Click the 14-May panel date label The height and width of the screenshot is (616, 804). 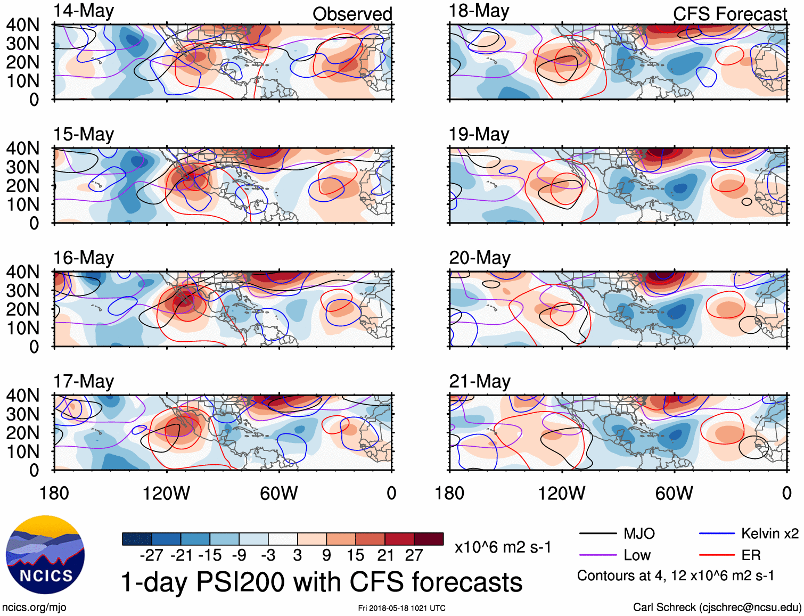pos(84,11)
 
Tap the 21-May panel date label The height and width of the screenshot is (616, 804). pos(479,381)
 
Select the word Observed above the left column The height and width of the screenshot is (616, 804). pos(352,14)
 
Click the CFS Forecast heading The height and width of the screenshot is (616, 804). pos(729,14)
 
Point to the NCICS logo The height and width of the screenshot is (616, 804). pos(45,554)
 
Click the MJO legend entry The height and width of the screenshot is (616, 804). pos(639,533)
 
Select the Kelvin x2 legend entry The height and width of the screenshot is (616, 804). pos(769,533)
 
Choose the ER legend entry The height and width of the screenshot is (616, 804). pos(751,555)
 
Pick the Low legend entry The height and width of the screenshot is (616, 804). pos(637,555)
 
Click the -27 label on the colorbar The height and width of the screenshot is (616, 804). pos(151,555)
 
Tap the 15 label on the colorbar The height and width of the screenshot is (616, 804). pos(355,555)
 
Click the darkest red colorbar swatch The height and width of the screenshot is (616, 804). pos(429,539)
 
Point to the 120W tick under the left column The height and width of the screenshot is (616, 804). pos(166,494)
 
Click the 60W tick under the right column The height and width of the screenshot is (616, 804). pos(674,494)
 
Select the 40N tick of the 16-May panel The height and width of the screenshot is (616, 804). pos(23,272)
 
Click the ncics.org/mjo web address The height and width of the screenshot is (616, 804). pos(34,607)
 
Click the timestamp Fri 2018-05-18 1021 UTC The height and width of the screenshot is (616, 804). pos(401,608)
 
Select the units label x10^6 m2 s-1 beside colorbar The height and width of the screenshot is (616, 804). pos(503,547)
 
